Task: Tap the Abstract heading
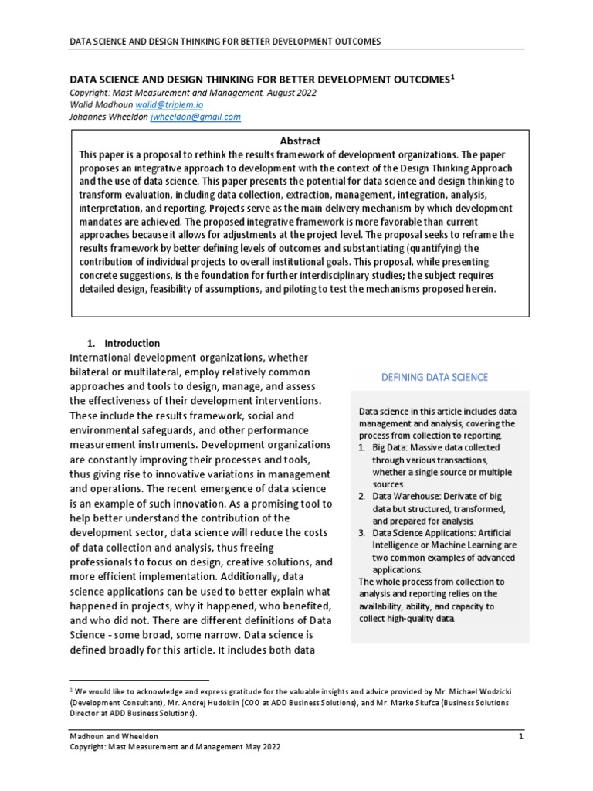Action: [x=300, y=141]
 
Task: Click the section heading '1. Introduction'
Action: [x=124, y=343]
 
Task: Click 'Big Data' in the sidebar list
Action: [x=393, y=448]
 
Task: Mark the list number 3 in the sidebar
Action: [x=362, y=533]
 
